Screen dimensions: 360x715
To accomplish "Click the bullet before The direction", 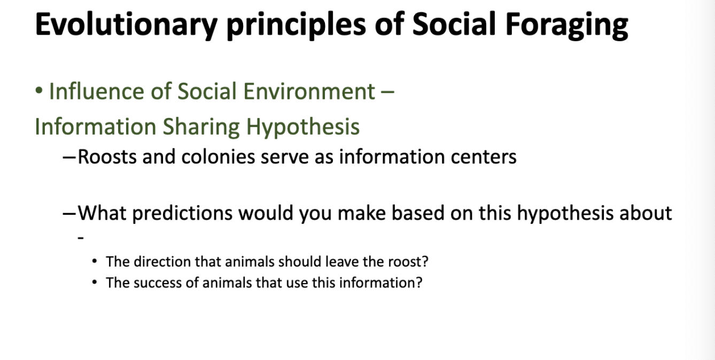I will [x=95, y=262].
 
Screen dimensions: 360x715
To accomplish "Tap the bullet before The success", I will [x=95, y=283].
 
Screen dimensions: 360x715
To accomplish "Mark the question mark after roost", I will [x=426, y=262].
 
